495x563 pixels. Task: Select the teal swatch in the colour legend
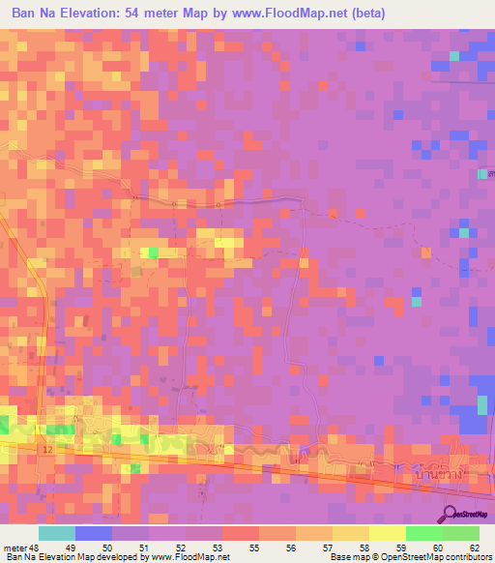click(56, 533)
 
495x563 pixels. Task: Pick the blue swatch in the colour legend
click(94, 533)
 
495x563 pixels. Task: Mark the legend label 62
click(474, 547)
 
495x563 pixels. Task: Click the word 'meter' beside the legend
click(13, 547)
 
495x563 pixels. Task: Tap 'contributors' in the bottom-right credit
click(469, 557)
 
